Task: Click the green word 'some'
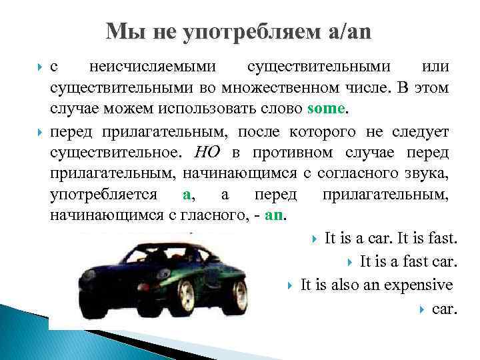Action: coord(327,108)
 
